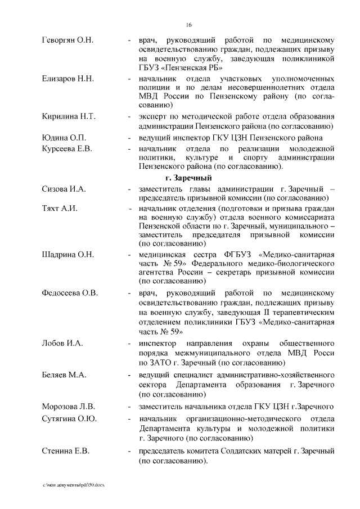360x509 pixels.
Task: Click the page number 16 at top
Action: pos(189,25)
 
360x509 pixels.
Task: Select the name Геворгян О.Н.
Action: pos(67,40)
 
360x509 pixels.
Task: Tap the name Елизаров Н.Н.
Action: pos(67,78)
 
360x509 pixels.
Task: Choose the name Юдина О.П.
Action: pos(64,138)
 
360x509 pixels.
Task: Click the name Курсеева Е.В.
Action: pos(67,148)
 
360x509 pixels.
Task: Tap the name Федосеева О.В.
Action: pos(70,293)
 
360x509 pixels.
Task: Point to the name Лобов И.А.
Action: pos(62,343)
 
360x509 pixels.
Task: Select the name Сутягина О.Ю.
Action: pos(69,419)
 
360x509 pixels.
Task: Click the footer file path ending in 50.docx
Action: pos(73,484)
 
